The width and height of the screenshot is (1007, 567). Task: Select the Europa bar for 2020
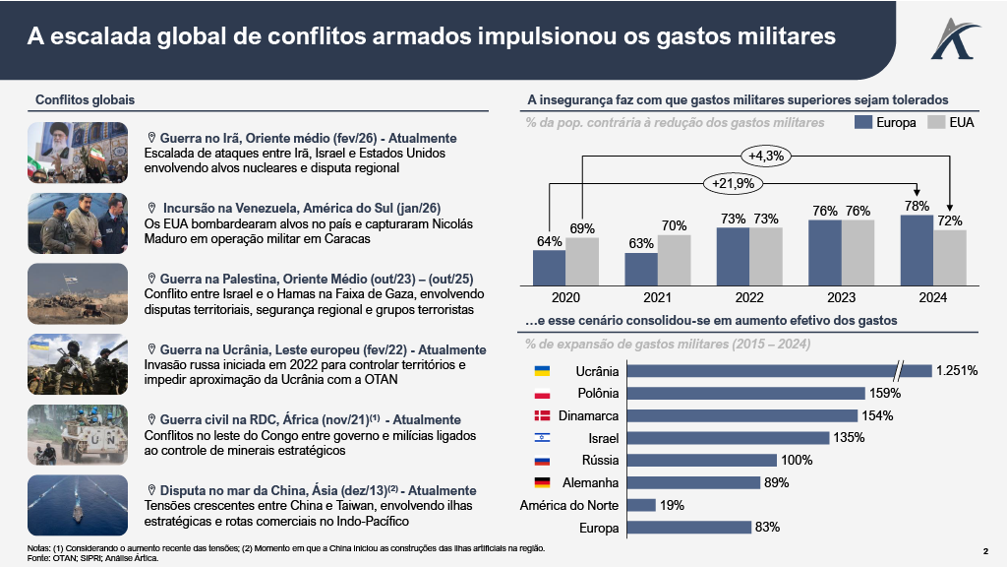(x=549, y=266)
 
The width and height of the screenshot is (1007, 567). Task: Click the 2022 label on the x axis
(x=748, y=296)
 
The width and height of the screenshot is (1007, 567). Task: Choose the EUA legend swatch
(x=935, y=122)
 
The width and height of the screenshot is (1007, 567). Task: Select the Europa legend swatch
(x=864, y=122)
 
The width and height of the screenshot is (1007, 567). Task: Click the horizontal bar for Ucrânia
(x=777, y=371)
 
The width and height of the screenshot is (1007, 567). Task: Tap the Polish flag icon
(x=541, y=393)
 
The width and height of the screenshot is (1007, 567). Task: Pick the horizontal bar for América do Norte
(x=641, y=505)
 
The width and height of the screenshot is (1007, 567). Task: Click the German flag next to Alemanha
(x=541, y=482)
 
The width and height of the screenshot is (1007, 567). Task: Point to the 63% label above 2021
(x=640, y=243)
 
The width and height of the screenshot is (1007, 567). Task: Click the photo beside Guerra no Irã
(x=78, y=153)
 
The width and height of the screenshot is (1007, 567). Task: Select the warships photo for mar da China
(x=78, y=505)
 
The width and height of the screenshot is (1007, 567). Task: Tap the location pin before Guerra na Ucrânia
(x=152, y=349)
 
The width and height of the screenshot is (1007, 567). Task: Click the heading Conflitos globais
(x=85, y=99)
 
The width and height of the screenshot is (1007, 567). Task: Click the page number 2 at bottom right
(x=985, y=550)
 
